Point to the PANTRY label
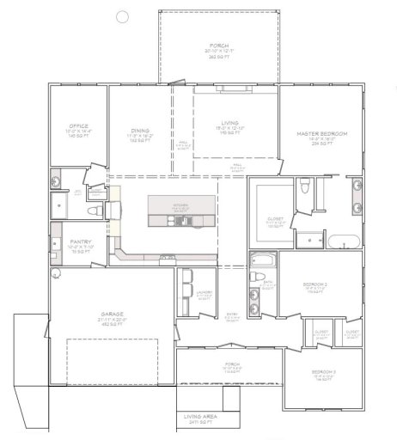[81, 243]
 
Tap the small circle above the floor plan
[122, 15]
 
